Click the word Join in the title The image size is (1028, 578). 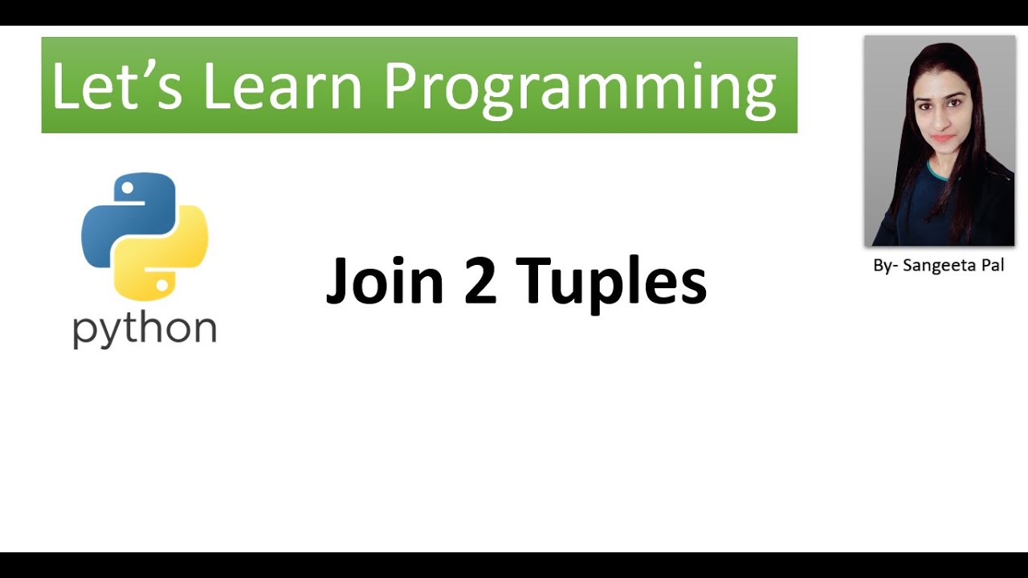pyautogui.click(x=385, y=280)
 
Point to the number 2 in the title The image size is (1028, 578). pyautogui.click(x=480, y=280)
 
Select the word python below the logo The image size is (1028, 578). pyautogui.click(x=145, y=330)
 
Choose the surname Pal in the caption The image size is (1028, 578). pyautogui.click(x=991, y=266)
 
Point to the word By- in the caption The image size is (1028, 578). pyautogui.click(x=884, y=266)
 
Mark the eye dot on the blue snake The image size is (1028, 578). pyautogui.click(x=126, y=189)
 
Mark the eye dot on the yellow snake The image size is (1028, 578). pyautogui.click(x=163, y=284)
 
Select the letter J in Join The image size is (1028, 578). pyautogui.click(x=337, y=280)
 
